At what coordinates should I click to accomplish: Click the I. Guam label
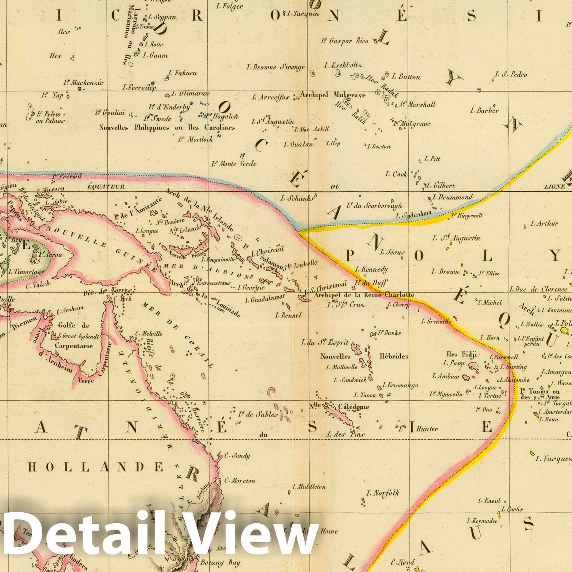click(x=155, y=55)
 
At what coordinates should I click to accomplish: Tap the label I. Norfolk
click(x=382, y=493)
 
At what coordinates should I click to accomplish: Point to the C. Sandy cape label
click(x=237, y=456)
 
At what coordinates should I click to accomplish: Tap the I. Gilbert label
click(x=440, y=186)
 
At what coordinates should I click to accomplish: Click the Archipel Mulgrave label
click(x=332, y=95)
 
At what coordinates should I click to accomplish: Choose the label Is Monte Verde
click(x=234, y=164)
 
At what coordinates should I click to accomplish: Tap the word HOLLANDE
click(x=96, y=467)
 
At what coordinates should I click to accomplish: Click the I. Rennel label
click(x=288, y=315)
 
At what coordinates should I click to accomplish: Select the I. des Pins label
click(x=346, y=434)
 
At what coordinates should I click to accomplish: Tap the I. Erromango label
click(x=400, y=385)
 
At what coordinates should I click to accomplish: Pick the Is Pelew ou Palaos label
click(x=50, y=117)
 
